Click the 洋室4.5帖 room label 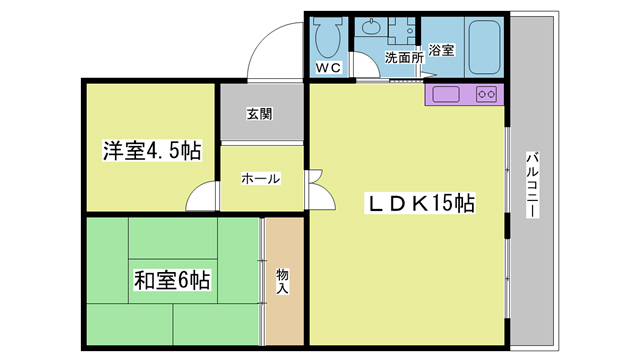(151, 152)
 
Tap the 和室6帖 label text (172, 279)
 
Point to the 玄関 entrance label (259, 113)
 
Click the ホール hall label (259, 179)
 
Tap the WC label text (329, 68)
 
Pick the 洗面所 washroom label (403, 58)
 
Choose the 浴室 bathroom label (442, 49)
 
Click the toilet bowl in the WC (328, 38)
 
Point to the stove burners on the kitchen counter (487, 95)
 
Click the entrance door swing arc (272, 50)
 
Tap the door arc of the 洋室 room (202, 197)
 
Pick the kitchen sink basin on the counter (445, 95)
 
